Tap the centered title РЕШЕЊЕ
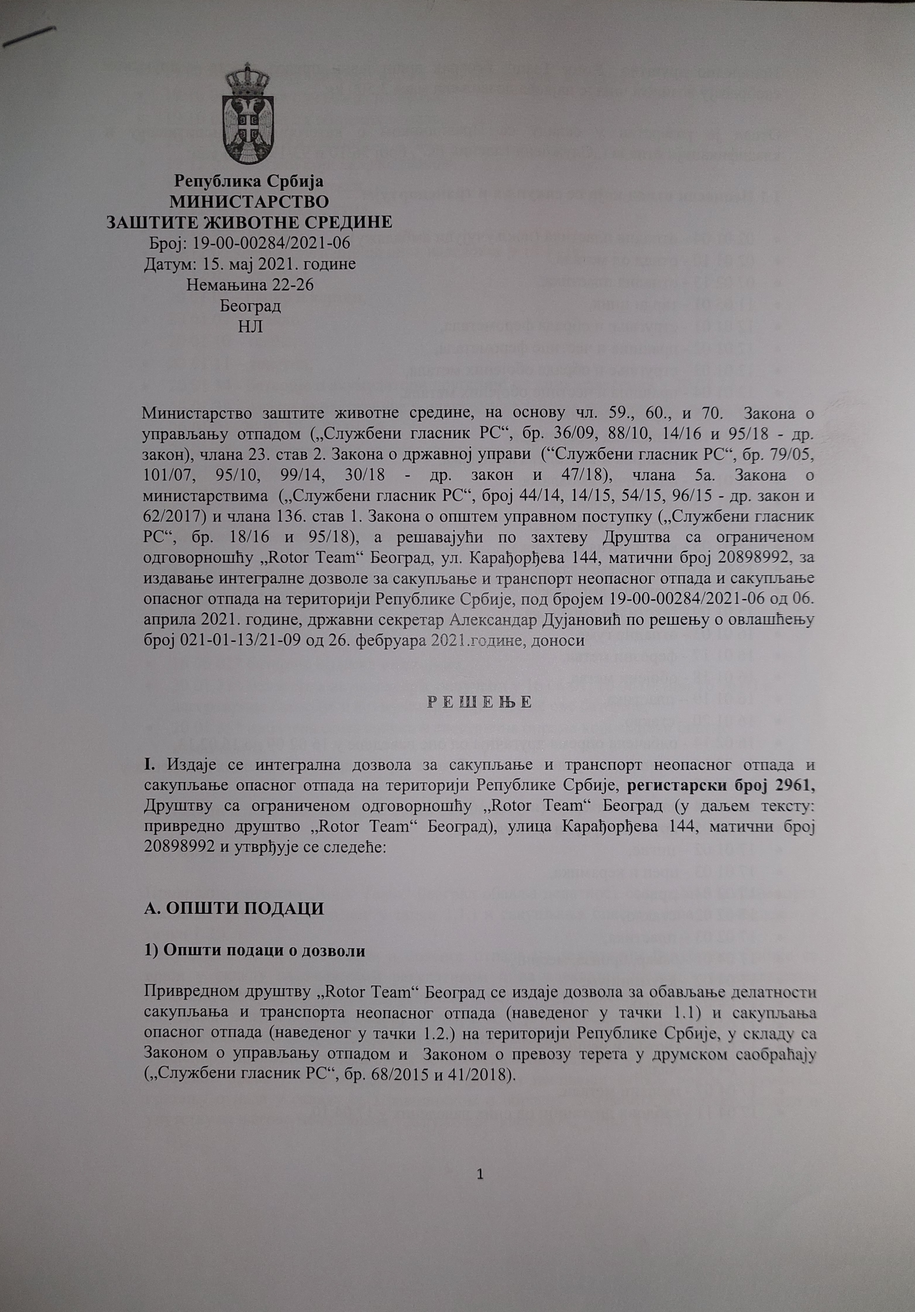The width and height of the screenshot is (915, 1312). [479, 702]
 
